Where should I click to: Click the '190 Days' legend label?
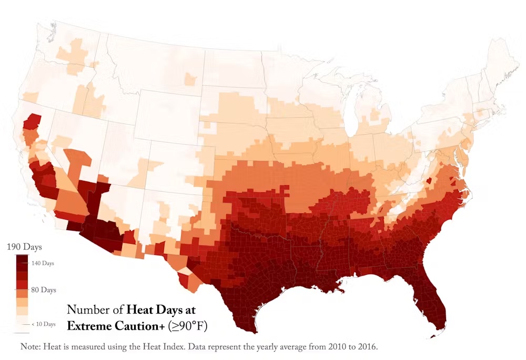[x=24, y=247]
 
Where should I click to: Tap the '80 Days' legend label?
[x=44, y=290]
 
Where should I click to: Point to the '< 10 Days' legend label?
[x=43, y=324]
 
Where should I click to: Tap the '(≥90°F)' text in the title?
[x=188, y=326]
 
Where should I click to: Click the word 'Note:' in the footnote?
[x=31, y=347]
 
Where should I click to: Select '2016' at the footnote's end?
[x=366, y=347]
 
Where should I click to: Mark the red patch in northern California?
[x=33, y=121]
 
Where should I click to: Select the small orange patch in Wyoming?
[x=190, y=79]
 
